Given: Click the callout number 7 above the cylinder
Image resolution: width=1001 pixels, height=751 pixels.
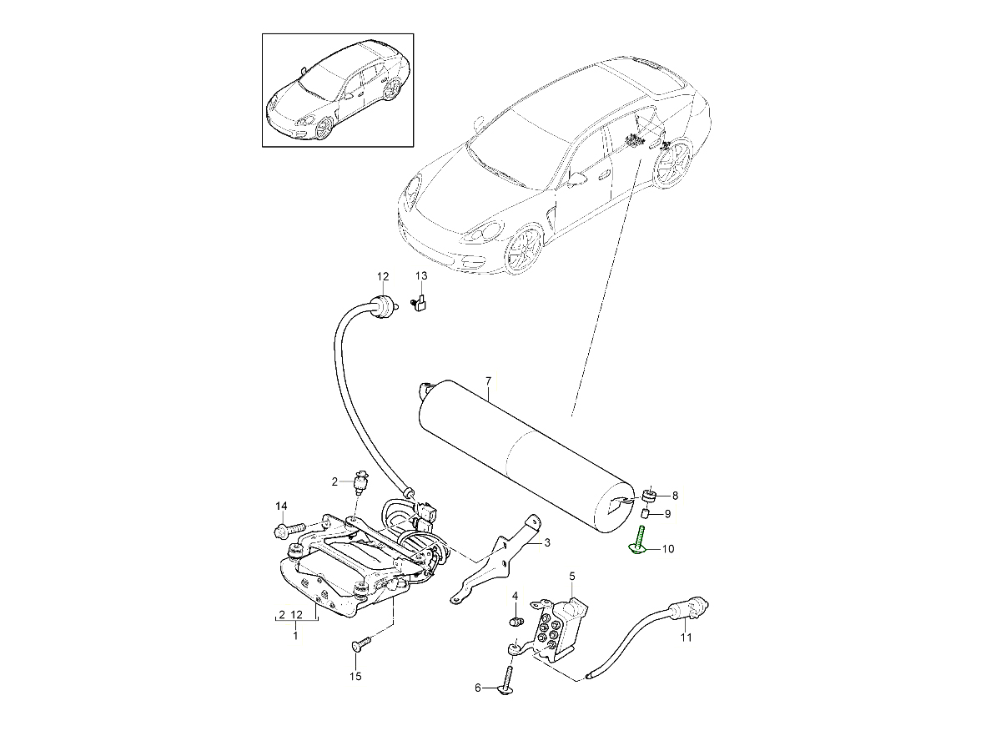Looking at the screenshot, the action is click(x=488, y=381).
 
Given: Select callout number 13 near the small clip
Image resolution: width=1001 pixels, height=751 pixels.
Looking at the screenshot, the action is click(x=421, y=276).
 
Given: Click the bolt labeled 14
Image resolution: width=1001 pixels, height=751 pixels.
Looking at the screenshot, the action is click(x=289, y=530).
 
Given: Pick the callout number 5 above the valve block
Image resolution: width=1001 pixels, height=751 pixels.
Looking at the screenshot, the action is click(x=572, y=577).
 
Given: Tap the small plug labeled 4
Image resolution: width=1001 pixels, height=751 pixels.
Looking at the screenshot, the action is click(x=516, y=621).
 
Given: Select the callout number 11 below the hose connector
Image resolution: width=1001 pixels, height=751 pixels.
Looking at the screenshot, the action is click(x=686, y=638).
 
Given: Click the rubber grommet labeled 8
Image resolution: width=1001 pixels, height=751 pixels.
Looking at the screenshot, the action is click(x=649, y=496).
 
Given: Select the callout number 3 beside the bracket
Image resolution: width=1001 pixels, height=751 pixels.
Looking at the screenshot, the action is click(x=547, y=542).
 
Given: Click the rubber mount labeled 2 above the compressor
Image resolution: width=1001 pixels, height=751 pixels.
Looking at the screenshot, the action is click(x=360, y=485).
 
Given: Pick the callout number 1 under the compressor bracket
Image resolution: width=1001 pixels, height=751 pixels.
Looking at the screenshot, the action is click(x=295, y=635).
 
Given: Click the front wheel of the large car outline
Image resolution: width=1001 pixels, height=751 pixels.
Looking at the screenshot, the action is click(x=525, y=249).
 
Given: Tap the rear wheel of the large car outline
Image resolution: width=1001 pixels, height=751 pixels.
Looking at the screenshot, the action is click(x=673, y=164).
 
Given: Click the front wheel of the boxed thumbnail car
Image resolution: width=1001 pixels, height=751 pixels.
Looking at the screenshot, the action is click(x=324, y=129).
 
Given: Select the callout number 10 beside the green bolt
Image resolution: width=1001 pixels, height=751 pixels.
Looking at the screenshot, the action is click(x=667, y=549).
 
